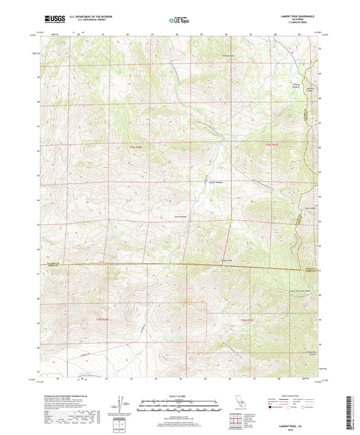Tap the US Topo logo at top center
tap(178, 20)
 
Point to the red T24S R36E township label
tap(136, 147)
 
